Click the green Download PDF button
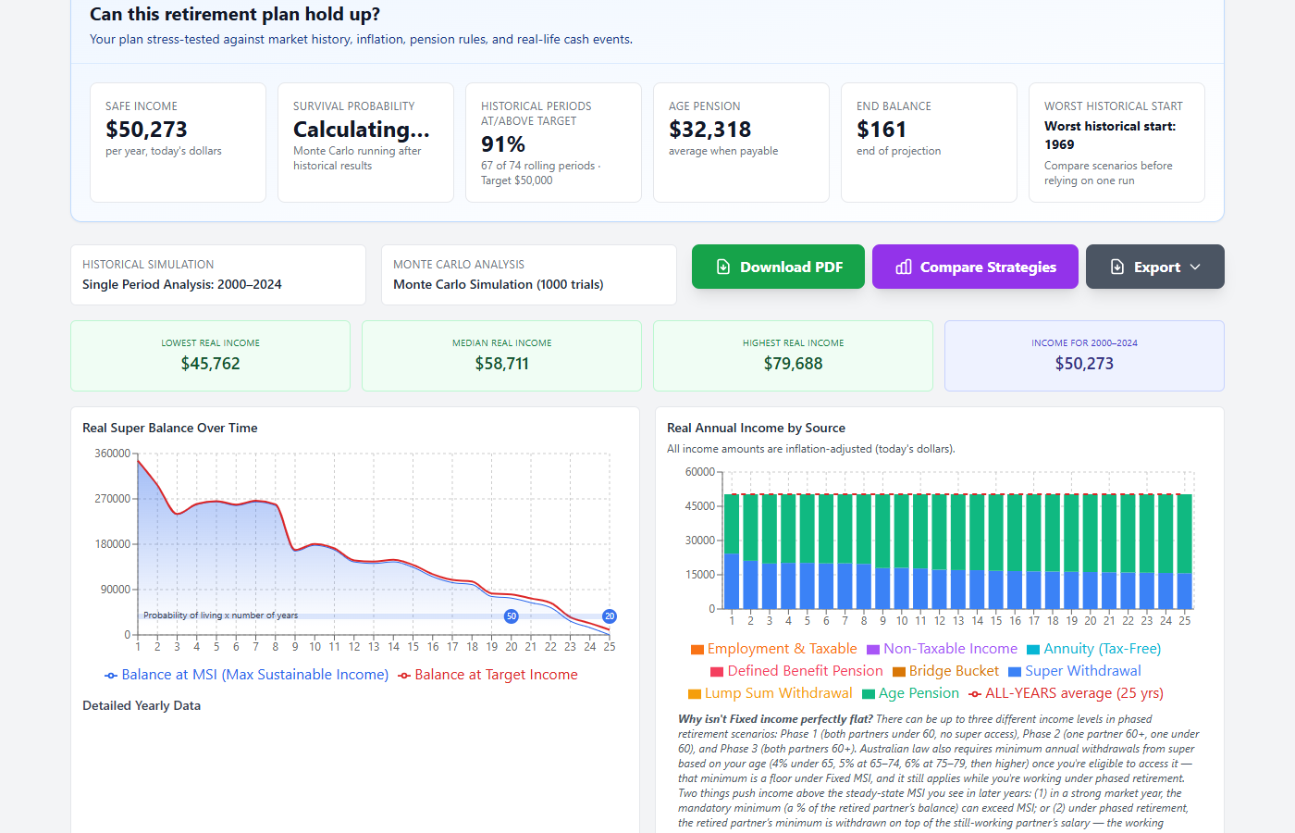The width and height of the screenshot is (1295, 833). [x=778, y=267]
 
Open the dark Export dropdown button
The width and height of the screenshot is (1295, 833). [x=1154, y=267]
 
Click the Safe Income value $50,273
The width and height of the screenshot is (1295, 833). [x=146, y=129]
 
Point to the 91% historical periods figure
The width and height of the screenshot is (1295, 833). [x=503, y=144]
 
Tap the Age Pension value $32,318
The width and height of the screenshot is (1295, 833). [x=710, y=129]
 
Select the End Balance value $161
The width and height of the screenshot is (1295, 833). [x=881, y=129]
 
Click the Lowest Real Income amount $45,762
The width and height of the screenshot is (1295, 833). [x=211, y=363]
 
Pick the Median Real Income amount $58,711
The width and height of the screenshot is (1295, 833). [x=501, y=363]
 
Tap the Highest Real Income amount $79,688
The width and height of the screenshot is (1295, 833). [x=794, y=363]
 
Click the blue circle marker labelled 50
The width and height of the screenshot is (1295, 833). [x=511, y=616]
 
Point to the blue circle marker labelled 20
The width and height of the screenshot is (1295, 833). [x=610, y=616]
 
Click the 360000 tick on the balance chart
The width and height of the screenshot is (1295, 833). [x=113, y=453]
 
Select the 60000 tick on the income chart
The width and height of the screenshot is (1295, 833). [x=700, y=471]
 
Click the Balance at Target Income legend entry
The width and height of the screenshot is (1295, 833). [x=488, y=675]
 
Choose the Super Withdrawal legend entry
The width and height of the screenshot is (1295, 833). [x=1075, y=671]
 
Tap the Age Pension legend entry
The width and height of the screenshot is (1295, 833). [x=910, y=693]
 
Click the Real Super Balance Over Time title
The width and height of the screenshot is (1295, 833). [x=170, y=428]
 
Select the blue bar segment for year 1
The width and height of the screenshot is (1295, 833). [x=732, y=581]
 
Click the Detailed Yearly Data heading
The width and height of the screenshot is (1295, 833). [x=142, y=705]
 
